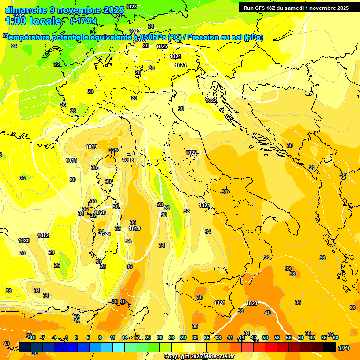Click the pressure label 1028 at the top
click(132, 7)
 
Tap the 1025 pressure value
click(162, 46)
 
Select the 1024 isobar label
click(175, 56)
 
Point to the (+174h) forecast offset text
click(83, 21)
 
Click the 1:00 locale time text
click(33, 21)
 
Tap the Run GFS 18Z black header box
click(296, 8)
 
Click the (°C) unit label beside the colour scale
click(344, 348)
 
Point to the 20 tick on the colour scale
click(148, 337)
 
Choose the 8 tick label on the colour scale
click(100, 337)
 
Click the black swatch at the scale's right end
click(330, 347)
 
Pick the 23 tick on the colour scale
click(160, 337)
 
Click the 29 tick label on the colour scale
click(183, 337)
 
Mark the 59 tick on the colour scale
click(300, 337)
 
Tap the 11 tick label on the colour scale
click(112, 337)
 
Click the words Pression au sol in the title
click(215, 37)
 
